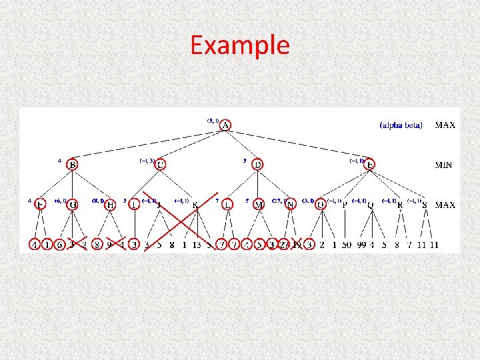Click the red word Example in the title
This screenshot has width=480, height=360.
pos(240,45)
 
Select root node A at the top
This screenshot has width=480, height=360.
pos(226,125)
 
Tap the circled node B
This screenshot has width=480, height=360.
pos(72,164)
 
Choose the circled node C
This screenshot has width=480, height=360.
pos(160,164)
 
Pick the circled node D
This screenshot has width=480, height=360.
pos(258,164)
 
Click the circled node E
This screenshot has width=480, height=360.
pos(371,164)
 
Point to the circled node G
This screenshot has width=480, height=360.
pos(72,205)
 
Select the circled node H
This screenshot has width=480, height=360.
pos(111,205)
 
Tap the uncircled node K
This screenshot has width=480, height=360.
pos(195,205)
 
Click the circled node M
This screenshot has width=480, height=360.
pos(258,205)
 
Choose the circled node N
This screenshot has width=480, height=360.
pos(290,205)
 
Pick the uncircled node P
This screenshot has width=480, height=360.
pos(345,205)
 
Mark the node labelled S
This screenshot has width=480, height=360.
pos(425,205)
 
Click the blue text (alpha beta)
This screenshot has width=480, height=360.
pos(401,125)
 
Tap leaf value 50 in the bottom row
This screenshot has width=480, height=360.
pos(347,245)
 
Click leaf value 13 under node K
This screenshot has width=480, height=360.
pos(196,245)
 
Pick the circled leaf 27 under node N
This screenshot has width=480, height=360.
pos(285,245)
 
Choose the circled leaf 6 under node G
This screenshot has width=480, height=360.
pos(59,245)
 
